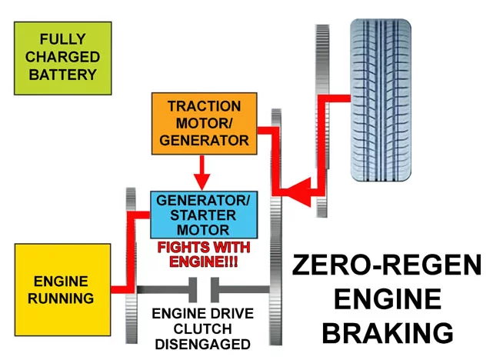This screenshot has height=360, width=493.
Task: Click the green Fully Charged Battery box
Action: point(63,58)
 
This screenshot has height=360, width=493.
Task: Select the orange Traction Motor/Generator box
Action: point(205,124)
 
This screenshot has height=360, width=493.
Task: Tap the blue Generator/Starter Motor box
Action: point(204,215)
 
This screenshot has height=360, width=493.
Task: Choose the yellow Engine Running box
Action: point(62,289)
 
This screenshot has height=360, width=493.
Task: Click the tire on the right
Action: point(381,100)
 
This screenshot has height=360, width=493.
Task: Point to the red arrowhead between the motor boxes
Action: point(202,182)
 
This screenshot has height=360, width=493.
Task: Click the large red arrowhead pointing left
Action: point(298,192)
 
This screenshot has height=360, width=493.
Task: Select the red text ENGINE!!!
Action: point(204,262)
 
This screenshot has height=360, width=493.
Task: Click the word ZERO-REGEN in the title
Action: point(387,265)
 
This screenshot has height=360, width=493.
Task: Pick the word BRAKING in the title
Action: point(388,332)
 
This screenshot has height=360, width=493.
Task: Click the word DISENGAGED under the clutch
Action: point(203,345)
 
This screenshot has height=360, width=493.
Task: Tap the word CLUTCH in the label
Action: point(203,329)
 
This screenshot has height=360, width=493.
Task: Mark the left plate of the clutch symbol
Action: point(193,289)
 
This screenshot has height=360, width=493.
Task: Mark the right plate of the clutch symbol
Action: point(215,289)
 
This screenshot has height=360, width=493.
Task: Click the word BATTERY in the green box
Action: point(63,75)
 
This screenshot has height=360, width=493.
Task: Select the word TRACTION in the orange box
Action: point(205,106)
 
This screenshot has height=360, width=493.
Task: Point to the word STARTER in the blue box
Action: point(203,215)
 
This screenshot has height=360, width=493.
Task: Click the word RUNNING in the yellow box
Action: point(61,298)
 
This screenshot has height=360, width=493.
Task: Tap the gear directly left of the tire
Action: point(322,121)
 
